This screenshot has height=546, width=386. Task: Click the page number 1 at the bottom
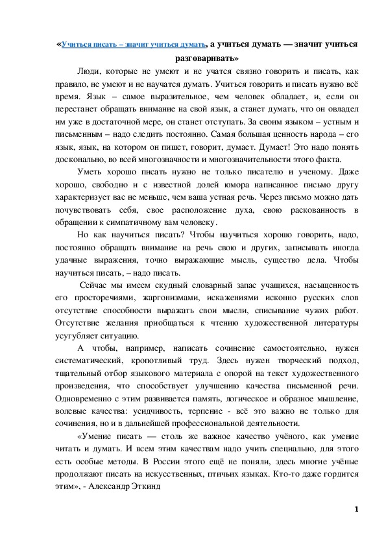[356, 509]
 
